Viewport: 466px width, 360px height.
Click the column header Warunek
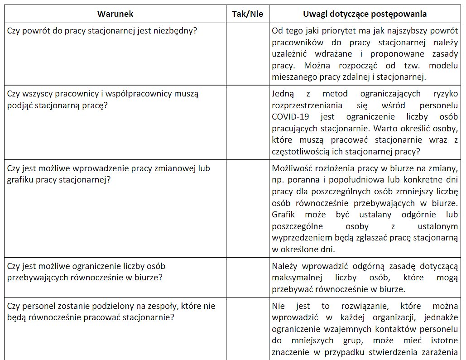click(x=115, y=14)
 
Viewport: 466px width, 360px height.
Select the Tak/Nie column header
click(x=247, y=14)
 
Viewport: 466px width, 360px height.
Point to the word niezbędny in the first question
click(x=174, y=31)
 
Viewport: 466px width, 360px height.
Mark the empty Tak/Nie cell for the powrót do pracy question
click(x=247, y=53)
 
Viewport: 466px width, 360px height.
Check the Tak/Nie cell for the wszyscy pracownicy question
click(x=247, y=122)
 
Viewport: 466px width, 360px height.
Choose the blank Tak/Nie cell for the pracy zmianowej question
click(x=247, y=208)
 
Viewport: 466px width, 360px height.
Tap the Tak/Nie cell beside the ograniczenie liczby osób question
click(x=247, y=277)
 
